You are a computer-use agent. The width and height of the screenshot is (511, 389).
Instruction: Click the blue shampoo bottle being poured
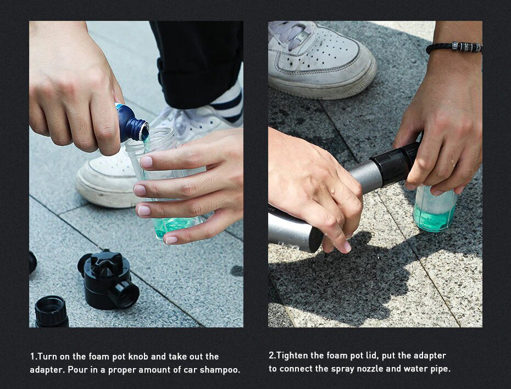[x=131, y=123]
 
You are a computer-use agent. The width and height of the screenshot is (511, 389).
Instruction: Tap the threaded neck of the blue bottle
[x=142, y=130]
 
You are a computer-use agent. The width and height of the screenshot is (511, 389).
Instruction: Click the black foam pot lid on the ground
[x=108, y=279]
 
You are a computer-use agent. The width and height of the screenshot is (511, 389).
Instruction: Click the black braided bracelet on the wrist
[x=454, y=48]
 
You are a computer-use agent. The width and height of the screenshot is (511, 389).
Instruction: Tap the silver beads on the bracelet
[x=466, y=47]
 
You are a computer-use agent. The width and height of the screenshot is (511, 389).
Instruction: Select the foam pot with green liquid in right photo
[x=434, y=208]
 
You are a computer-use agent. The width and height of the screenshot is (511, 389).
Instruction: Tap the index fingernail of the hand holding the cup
[x=146, y=162]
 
